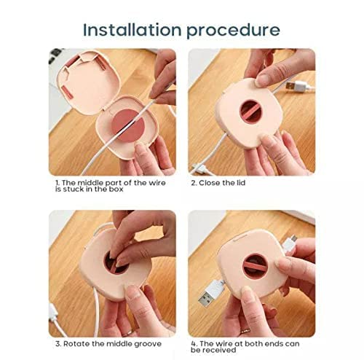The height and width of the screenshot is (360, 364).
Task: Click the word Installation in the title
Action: [x=132, y=30]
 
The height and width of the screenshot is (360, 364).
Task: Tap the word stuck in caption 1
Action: [x=74, y=189]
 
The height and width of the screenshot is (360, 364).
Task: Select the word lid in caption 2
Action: [x=241, y=183]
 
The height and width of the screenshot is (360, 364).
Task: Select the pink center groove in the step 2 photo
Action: [x=250, y=111]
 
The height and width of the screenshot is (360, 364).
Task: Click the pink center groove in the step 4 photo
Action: [x=255, y=266]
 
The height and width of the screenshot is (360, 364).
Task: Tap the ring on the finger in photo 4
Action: [x=245, y=331]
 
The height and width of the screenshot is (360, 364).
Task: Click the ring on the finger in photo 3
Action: [x=128, y=333]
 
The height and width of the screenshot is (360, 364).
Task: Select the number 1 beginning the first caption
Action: [x=58, y=183]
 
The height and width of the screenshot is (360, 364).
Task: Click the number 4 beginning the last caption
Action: [x=194, y=344]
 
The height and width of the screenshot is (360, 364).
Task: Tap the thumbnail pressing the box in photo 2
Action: [x=261, y=81]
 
